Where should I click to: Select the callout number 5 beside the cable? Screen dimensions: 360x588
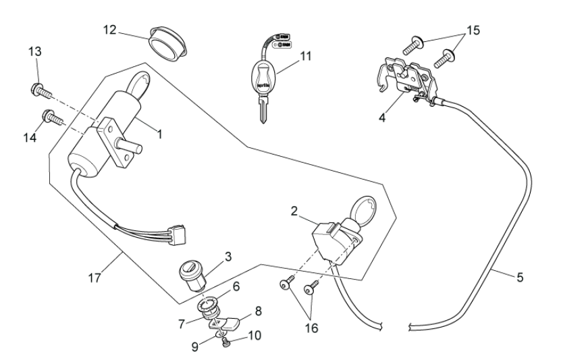(519, 276)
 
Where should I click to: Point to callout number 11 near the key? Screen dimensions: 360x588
(306, 56)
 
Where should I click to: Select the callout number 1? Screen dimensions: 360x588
(160, 134)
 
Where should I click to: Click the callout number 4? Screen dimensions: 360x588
(382, 118)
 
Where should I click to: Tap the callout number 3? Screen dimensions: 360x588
(228, 257)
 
